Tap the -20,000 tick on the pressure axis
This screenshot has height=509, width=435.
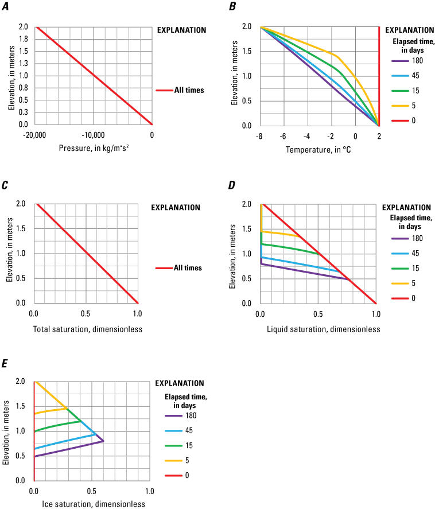point(36,135)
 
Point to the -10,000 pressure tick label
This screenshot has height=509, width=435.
point(93,135)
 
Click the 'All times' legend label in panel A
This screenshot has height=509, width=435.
point(189,90)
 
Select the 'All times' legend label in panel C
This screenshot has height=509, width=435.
point(189,267)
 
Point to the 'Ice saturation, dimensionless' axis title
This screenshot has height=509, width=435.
point(86,504)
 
